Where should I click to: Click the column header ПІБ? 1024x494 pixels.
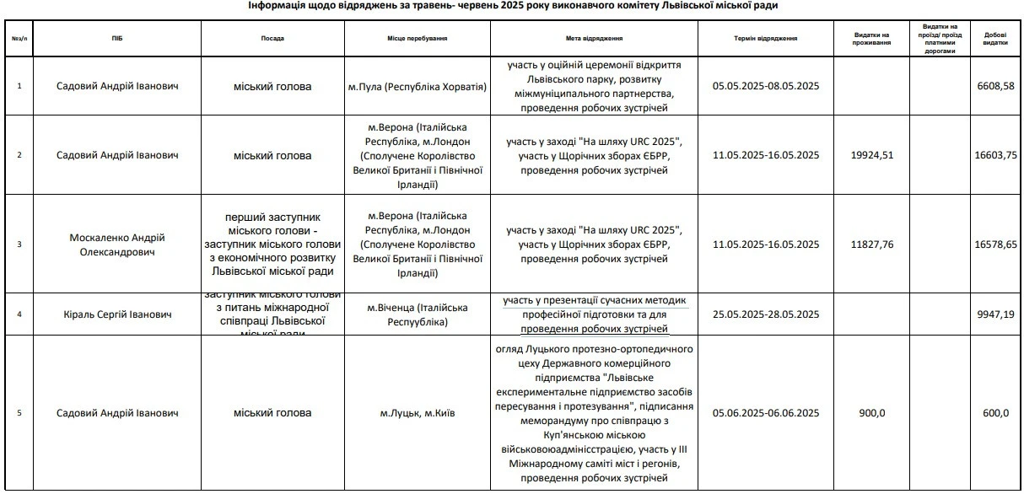(x=116, y=39)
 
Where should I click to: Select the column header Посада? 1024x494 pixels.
(x=272, y=39)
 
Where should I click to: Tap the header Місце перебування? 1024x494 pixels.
(x=418, y=39)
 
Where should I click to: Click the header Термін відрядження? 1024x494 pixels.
(x=766, y=39)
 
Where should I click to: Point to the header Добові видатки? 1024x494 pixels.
(x=995, y=39)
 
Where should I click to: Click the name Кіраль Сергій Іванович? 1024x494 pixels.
(x=116, y=314)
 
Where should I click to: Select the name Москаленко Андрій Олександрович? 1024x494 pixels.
(x=116, y=244)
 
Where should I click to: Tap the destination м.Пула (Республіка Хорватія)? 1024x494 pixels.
(x=418, y=86)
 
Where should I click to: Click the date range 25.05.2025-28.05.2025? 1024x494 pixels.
(x=766, y=314)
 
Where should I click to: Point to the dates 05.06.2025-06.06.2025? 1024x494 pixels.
(x=766, y=413)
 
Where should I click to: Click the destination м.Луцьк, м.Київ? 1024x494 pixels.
(x=418, y=413)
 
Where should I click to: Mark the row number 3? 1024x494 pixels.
(x=19, y=244)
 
